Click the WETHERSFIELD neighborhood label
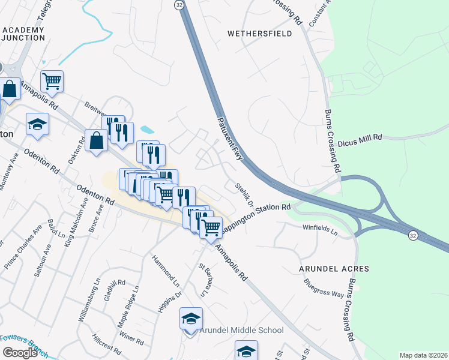tap(259, 34)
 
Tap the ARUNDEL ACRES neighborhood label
tap(334, 268)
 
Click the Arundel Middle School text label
tap(241, 330)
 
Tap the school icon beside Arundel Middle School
tap(191, 319)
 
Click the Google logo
tap(20, 352)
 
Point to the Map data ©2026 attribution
tap(423, 355)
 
